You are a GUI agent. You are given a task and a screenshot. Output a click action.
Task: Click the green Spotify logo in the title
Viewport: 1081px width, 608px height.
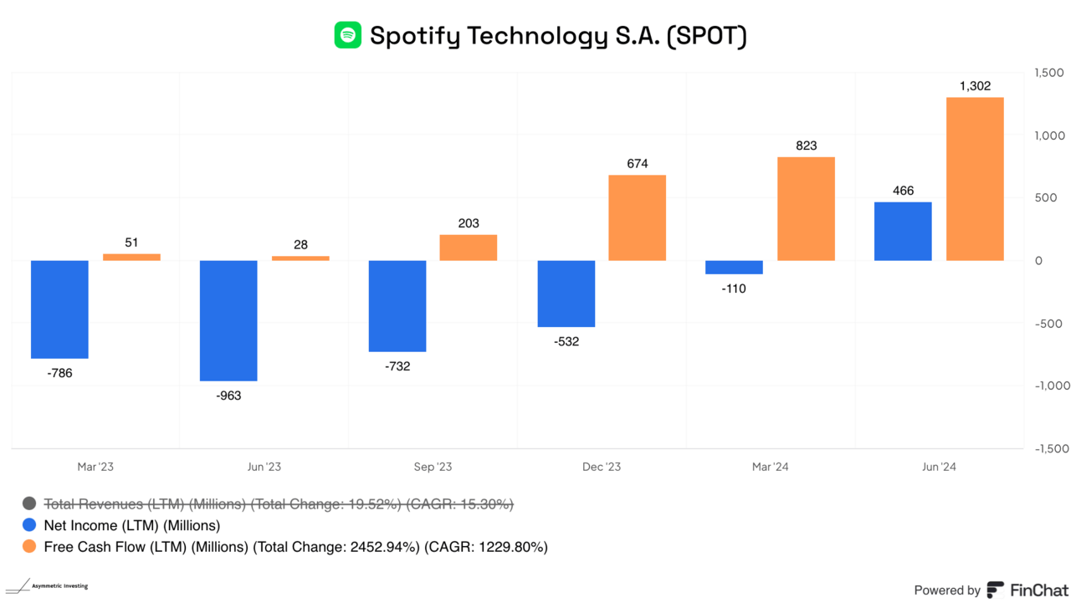click(347, 35)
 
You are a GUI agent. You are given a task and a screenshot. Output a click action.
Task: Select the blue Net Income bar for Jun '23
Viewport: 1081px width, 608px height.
click(228, 320)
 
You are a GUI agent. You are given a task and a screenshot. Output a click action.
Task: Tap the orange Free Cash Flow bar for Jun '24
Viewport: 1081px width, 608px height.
click(975, 179)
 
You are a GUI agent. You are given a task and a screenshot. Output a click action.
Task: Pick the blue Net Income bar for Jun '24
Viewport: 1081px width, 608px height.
click(903, 231)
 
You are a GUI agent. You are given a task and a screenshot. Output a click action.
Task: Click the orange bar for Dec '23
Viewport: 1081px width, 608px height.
click(637, 217)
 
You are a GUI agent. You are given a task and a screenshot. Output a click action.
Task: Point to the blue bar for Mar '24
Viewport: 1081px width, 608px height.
click(734, 268)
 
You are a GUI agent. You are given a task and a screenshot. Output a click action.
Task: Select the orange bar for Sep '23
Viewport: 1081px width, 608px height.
click(469, 248)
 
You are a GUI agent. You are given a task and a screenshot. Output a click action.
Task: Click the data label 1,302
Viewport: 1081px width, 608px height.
click(975, 85)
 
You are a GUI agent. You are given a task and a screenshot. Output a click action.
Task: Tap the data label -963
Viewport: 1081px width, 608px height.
click(228, 396)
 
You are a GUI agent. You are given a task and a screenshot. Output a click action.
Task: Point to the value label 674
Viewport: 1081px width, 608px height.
click(638, 163)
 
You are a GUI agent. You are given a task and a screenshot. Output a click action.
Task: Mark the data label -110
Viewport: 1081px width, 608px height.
click(734, 289)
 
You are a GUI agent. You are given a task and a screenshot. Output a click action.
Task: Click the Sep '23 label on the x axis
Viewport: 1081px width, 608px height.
click(433, 467)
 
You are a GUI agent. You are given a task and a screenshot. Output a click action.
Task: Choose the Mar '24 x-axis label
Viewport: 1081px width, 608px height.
click(770, 467)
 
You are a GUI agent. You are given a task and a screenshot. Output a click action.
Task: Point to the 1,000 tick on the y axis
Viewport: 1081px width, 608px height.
click(1048, 135)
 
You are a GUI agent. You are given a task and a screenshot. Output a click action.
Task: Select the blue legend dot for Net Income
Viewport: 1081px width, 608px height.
click(29, 525)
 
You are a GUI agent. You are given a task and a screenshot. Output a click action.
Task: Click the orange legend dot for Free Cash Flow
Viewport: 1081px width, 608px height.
click(29, 547)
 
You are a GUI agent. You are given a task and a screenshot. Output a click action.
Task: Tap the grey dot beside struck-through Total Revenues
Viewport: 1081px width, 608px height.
click(29, 503)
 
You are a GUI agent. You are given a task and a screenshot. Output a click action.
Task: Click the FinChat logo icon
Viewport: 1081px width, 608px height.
click(996, 590)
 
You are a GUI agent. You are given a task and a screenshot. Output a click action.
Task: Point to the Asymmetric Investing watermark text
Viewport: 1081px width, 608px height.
click(59, 586)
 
